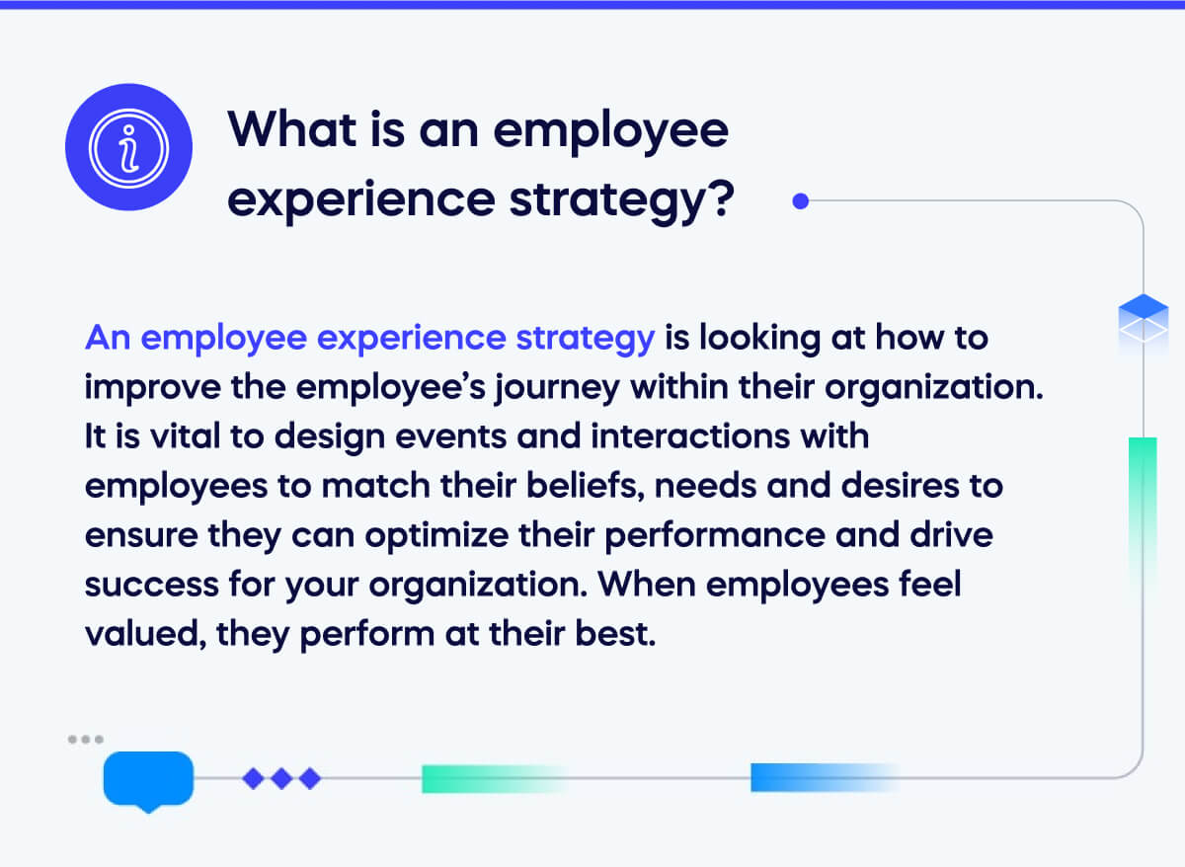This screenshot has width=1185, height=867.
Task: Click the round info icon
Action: pos(128,147)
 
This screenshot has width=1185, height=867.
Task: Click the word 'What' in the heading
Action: pos(292,129)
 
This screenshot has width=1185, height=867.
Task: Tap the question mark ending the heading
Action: pos(722,198)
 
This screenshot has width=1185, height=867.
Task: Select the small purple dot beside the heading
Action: pos(801,201)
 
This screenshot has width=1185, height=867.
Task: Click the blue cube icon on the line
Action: pos(1144,320)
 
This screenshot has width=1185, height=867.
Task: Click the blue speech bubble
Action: pos(149,781)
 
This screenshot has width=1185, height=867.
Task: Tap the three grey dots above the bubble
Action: pos(86,739)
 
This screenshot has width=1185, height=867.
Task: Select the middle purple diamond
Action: pos(281,778)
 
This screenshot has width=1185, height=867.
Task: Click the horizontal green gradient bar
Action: pos(495,778)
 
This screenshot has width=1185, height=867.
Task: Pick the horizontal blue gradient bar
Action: pos(826,777)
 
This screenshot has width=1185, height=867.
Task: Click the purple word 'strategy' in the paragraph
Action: pos(585,339)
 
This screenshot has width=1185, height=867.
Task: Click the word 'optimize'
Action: pos(436,536)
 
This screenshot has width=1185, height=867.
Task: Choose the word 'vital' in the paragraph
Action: pos(186,436)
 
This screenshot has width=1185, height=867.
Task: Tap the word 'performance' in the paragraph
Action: pos(715,536)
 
